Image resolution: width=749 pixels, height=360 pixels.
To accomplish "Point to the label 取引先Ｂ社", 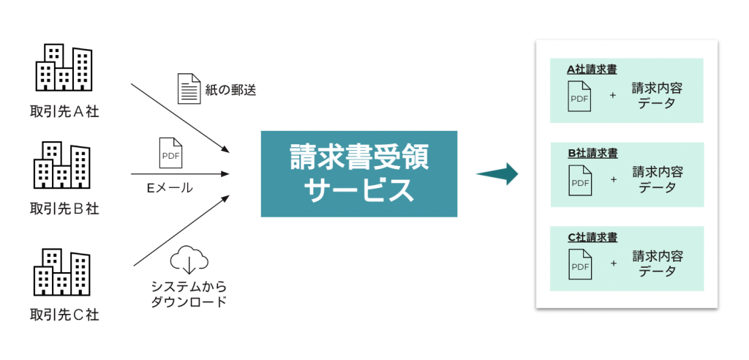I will pos(64,209).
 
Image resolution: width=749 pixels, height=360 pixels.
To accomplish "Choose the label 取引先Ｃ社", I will pos(64,315).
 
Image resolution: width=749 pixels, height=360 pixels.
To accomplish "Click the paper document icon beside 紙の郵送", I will pos(189,89).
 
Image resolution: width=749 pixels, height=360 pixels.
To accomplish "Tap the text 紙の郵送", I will pos(230,90).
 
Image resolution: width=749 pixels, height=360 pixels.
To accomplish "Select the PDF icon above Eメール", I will pos(170,153).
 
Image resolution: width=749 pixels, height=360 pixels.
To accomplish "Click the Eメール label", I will pos(170,188).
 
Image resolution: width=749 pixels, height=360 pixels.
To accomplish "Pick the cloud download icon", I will pos(189,260).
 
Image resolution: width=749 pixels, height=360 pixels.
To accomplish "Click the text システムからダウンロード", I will pos(188,293).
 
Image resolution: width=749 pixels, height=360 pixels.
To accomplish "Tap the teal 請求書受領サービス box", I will pos(358,174).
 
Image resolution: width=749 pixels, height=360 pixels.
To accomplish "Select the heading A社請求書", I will pos(592,70).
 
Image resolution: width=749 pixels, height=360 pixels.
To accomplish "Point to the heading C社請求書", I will pos(592,238).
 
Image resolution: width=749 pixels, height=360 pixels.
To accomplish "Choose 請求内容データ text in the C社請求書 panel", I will pos(656,263).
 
